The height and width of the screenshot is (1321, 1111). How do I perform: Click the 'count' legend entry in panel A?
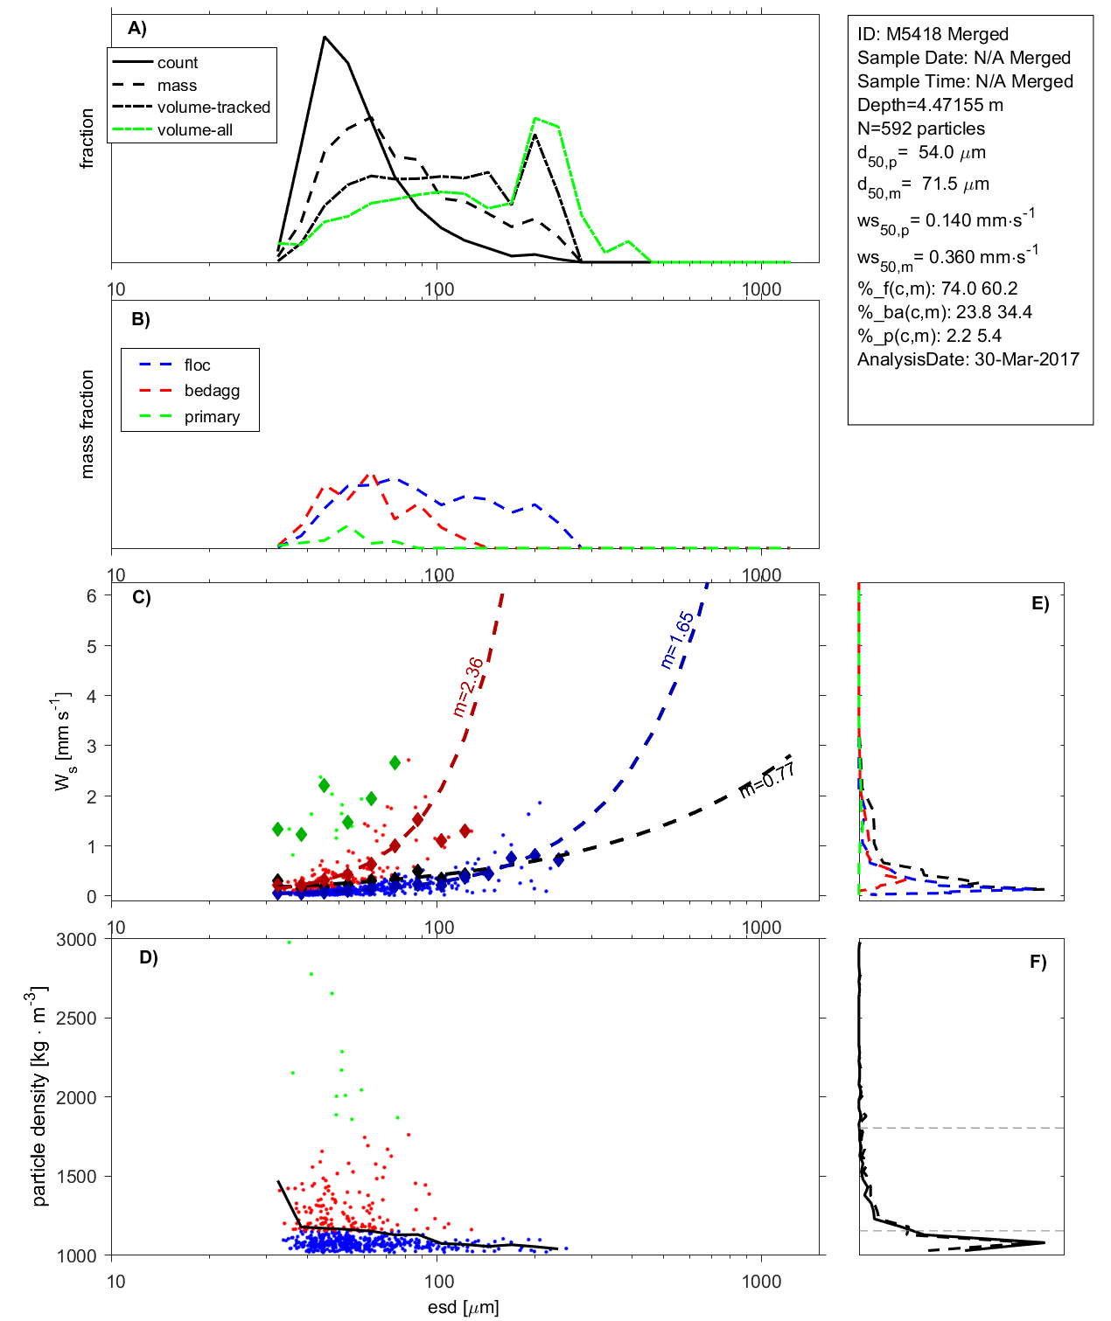click(x=178, y=63)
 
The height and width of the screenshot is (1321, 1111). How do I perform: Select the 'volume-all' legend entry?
click(x=194, y=130)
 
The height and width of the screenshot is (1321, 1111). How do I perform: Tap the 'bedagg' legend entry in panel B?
click(x=212, y=391)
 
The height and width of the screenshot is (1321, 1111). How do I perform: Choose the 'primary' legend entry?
click(x=212, y=417)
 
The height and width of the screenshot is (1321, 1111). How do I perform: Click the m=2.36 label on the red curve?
click(x=469, y=687)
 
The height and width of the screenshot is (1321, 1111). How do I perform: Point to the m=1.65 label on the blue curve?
click(x=677, y=640)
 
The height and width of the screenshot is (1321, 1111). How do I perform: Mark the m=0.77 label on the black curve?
click(x=767, y=779)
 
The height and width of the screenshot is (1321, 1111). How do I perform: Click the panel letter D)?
click(x=149, y=957)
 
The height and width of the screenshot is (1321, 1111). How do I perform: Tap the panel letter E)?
click(x=1039, y=603)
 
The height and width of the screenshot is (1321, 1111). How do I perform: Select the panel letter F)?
click(x=1038, y=962)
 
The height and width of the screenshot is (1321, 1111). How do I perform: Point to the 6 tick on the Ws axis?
click(x=92, y=595)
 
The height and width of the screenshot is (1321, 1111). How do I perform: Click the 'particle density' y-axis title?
click(x=39, y=1096)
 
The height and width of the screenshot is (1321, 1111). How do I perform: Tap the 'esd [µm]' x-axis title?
click(x=463, y=1307)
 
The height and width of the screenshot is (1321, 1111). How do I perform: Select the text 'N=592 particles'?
click(x=920, y=129)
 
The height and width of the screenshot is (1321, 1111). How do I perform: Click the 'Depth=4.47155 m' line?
click(x=930, y=105)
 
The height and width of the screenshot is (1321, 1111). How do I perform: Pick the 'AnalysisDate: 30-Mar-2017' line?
click(x=968, y=359)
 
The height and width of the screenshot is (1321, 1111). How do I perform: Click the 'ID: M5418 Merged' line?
click(x=933, y=34)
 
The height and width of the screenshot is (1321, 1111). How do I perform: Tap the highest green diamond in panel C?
click(x=395, y=763)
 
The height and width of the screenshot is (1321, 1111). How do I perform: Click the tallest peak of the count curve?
click(x=325, y=38)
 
